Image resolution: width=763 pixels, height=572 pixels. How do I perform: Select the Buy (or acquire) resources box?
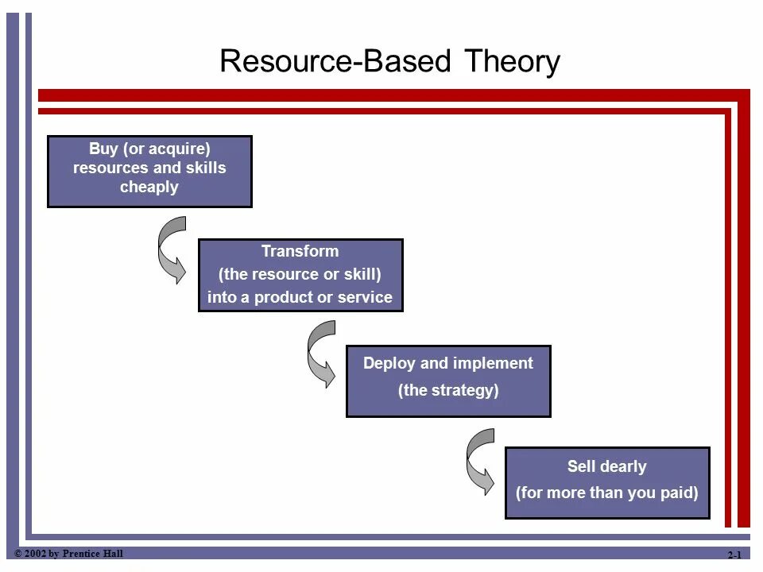click(x=149, y=172)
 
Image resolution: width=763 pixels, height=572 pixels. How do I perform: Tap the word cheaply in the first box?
click(x=149, y=187)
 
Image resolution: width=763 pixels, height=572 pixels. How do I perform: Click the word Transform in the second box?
click(x=300, y=252)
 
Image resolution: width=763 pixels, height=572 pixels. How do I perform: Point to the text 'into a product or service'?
click(x=300, y=298)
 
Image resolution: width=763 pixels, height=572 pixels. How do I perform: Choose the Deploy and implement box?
click(x=448, y=381)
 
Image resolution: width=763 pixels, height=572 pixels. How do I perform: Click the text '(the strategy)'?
click(x=448, y=390)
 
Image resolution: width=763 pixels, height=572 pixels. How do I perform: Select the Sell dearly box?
click(x=607, y=482)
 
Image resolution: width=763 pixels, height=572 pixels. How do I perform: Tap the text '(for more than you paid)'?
click(x=607, y=493)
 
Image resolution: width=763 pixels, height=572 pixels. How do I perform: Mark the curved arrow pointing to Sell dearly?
click(x=480, y=462)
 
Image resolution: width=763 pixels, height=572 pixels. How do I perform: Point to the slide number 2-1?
click(x=734, y=555)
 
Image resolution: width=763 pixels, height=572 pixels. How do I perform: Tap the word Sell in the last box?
click(x=583, y=466)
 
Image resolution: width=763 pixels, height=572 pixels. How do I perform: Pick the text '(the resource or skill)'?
click(x=300, y=275)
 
